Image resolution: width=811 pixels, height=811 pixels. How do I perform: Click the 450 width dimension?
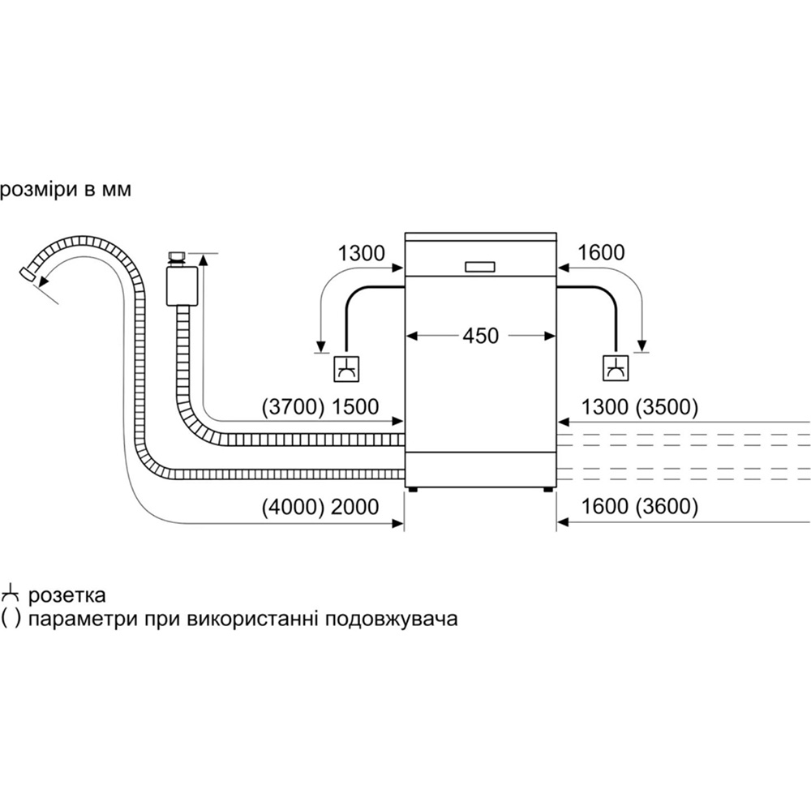tap(481, 335)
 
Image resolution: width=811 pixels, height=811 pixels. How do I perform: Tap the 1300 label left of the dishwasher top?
tap(362, 253)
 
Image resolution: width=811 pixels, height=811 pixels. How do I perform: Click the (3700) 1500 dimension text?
tap(320, 407)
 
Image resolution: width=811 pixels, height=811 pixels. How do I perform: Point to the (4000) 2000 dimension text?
tap(320, 508)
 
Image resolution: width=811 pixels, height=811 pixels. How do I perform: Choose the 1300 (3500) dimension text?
tap(638, 407)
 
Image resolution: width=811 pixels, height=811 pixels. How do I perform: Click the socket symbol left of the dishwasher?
tap(347, 368)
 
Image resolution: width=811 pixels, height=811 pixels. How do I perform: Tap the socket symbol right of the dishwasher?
tap(614, 368)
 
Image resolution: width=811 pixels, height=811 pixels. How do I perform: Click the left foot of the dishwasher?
tap(414, 489)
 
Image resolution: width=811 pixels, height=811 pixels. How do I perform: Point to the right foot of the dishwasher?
tap(548, 489)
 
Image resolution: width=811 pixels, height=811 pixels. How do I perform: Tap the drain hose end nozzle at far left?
tap(29, 275)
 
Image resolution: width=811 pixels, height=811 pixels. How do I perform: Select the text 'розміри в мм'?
tap(65, 190)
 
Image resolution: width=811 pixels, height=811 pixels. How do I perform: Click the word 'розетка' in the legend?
tap(67, 596)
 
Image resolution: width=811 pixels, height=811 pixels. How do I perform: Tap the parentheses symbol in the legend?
tap(11, 620)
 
